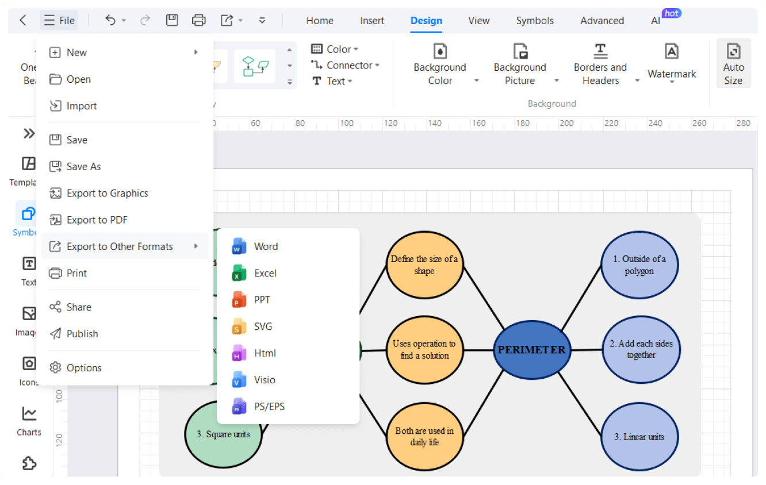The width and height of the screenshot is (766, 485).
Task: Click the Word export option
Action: (265, 247)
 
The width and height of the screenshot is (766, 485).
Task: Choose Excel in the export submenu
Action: (265, 273)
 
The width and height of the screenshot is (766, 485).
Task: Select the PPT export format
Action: (262, 299)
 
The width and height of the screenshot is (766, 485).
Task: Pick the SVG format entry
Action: (263, 326)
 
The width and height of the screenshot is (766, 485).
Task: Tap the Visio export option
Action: (264, 380)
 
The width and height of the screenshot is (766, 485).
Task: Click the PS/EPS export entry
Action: (269, 406)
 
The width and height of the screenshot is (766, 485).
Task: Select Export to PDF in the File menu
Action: (97, 220)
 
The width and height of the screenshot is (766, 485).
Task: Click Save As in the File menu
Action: (83, 167)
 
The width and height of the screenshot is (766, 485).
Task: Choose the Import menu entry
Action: (81, 106)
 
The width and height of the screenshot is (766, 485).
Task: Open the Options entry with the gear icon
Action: (83, 368)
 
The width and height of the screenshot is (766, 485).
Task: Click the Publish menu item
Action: (82, 334)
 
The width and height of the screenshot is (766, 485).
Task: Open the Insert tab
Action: (372, 21)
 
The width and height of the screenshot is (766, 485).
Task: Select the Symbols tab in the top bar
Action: (535, 21)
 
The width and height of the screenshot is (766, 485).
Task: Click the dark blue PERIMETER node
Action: (532, 350)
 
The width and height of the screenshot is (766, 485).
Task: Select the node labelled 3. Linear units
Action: (640, 437)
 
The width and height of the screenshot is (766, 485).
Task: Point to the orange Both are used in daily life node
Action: (424, 437)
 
